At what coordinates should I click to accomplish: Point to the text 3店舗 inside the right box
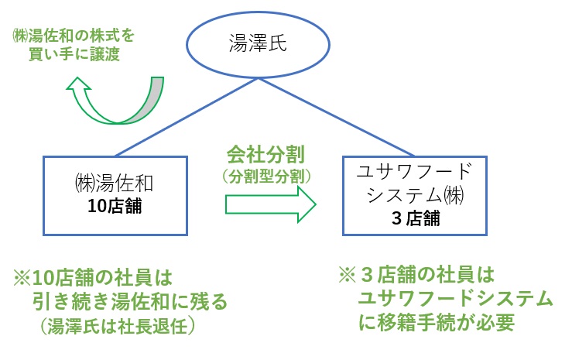click(416, 218)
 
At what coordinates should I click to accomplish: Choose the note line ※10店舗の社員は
click(92, 276)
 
